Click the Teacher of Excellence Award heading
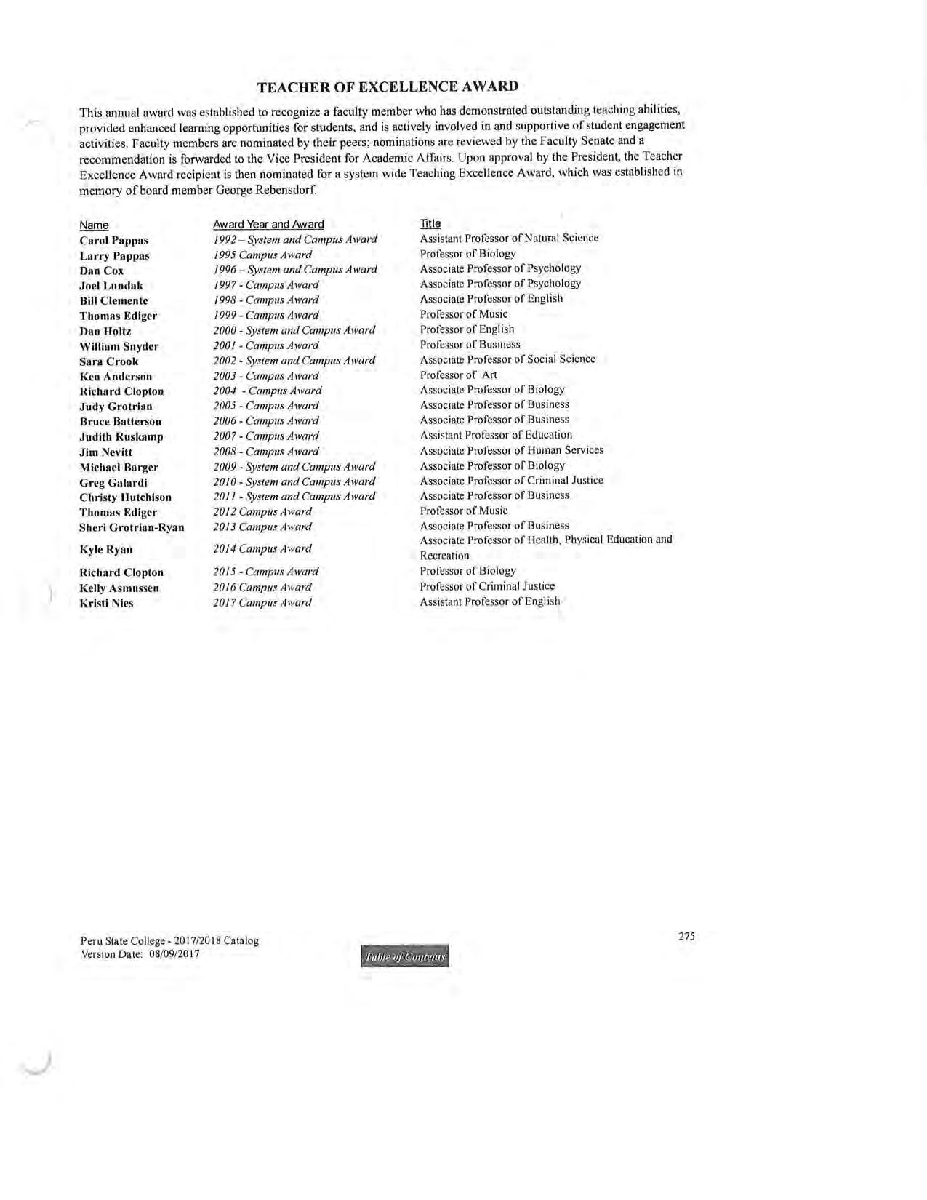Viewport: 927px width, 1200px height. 388,87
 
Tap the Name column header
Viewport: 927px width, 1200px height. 94,225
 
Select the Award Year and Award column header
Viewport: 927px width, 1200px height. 268,224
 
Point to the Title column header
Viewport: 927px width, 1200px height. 430,223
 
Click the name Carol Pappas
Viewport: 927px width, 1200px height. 113,241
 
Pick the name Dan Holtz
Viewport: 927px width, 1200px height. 105,332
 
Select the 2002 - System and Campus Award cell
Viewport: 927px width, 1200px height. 294,361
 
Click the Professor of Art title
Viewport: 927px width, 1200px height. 459,375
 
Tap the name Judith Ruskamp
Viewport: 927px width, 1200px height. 121,437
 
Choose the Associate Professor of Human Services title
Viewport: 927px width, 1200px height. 512,450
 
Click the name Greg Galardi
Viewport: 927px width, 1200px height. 113,483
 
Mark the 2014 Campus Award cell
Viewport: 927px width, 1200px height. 262,549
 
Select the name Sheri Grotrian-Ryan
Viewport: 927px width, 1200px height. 132,528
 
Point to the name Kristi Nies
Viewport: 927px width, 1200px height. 106,604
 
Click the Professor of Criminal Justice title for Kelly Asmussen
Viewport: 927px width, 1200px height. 487,586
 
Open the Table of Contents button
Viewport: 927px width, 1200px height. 404,957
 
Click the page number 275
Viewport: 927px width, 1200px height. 686,937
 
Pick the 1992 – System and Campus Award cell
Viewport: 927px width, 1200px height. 294,240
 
